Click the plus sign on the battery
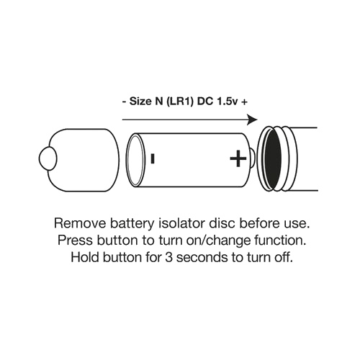[238, 158]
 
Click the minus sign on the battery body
[153, 158]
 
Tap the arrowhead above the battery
[252, 120]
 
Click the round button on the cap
[48, 158]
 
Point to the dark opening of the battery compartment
[273, 158]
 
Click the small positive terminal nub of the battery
[253, 158]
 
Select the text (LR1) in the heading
[178, 102]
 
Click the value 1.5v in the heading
[228, 102]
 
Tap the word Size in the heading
[140, 102]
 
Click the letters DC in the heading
[205, 102]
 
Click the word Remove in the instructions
[80, 223]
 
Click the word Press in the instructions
[76, 240]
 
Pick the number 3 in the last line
[168, 258]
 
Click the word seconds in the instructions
[202, 257]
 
